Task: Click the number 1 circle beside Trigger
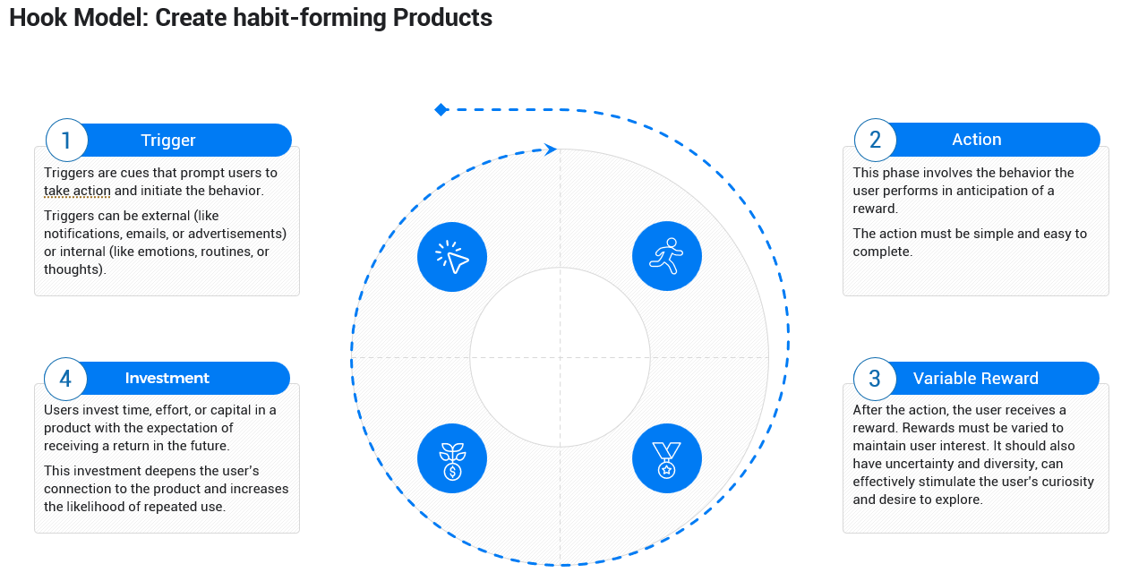[x=66, y=141]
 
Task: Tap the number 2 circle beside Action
[x=875, y=140]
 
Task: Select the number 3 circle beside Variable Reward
[x=875, y=379]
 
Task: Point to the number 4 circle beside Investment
[x=65, y=379]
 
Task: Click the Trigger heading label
[x=168, y=141]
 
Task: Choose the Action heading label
[x=976, y=140]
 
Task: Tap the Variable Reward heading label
[x=975, y=379]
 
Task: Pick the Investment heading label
[x=167, y=379]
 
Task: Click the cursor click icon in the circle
[x=452, y=257]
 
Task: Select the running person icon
[x=667, y=257]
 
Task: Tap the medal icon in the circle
[x=667, y=458]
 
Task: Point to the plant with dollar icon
[x=452, y=458]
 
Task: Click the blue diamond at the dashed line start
[x=441, y=109]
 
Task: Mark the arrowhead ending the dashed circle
[x=551, y=150]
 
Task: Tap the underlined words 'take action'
[x=77, y=191]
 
